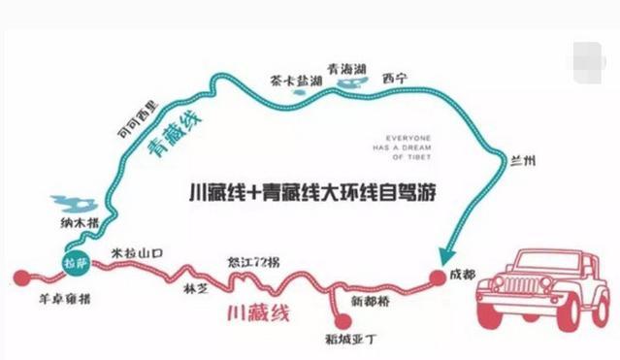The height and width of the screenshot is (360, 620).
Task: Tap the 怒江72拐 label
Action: click(x=255, y=261)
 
